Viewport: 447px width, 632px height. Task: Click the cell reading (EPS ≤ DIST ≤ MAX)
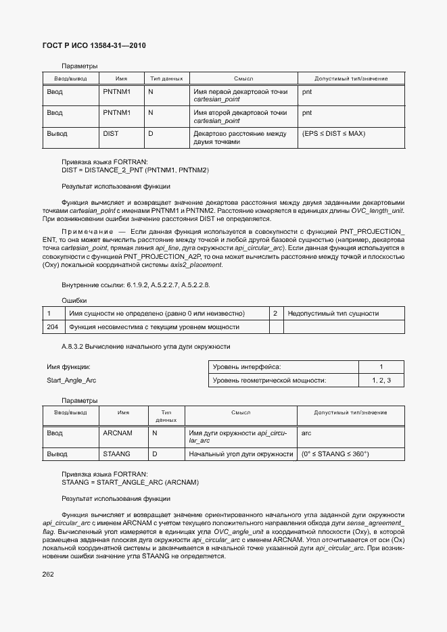click(x=333, y=134)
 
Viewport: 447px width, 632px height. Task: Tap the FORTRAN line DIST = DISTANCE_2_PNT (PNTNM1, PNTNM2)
click(x=135, y=170)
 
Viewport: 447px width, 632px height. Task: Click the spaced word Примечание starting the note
click(x=85, y=233)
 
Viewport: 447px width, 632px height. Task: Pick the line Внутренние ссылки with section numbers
click(x=136, y=285)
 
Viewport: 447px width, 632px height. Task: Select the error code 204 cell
click(x=52, y=327)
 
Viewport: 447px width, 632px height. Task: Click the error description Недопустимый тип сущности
click(x=333, y=314)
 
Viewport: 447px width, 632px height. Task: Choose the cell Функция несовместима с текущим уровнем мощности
click(x=154, y=327)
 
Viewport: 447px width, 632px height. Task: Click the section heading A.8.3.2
click(x=146, y=347)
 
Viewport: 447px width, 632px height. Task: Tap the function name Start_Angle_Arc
click(x=71, y=381)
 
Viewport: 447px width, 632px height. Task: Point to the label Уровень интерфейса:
click(x=247, y=367)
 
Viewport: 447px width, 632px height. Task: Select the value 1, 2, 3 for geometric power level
click(x=381, y=381)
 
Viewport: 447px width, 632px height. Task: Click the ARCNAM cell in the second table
click(x=118, y=433)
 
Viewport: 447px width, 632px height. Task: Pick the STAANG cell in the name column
click(x=116, y=454)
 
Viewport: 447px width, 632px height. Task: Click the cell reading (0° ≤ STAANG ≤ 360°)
click(x=335, y=454)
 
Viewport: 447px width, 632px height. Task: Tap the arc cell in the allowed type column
click(x=306, y=433)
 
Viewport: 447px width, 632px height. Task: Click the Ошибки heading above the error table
click(x=74, y=300)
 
